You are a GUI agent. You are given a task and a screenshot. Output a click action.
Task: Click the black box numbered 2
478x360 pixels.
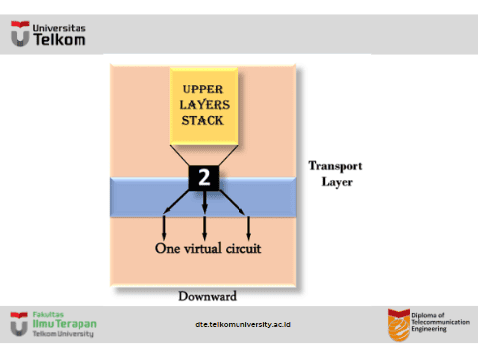[x=204, y=178]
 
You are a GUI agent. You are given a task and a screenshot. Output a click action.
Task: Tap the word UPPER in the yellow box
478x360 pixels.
[x=203, y=90]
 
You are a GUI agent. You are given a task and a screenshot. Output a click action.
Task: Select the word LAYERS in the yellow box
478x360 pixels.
[x=204, y=105]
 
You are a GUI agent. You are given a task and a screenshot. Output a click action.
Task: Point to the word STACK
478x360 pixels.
[x=202, y=120]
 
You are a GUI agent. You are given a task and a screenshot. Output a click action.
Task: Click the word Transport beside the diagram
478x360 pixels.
[x=335, y=166]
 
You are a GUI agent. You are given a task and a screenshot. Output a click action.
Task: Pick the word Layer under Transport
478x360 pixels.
[x=337, y=182]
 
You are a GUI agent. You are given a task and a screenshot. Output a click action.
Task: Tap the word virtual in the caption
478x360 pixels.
[x=203, y=248]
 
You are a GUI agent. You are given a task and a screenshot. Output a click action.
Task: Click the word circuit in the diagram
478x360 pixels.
[x=243, y=248]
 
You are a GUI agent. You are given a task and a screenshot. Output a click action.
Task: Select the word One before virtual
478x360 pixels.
[x=168, y=249]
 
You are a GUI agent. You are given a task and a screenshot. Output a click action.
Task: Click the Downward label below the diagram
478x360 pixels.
[x=208, y=296]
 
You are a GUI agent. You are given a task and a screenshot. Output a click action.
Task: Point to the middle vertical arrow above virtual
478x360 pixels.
[x=205, y=228]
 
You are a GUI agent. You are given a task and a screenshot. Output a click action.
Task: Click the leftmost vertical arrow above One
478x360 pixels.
[x=164, y=228]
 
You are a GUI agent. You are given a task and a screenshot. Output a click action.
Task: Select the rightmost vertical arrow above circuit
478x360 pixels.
[x=248, y=228]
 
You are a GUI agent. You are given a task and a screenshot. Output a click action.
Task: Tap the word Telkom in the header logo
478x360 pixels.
[x=60, y=40]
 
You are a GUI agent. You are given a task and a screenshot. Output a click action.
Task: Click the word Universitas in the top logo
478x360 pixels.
[x=60, y=28]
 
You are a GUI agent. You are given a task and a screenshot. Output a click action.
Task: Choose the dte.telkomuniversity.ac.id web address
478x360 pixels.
[x=242, y=324]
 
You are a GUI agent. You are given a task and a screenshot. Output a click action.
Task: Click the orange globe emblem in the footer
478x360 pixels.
[x=398, y=325]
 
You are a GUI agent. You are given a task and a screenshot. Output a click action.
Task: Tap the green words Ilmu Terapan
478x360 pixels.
[x=65, y=324]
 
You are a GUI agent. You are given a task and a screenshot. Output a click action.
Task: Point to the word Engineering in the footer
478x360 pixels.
[x=429, y=329]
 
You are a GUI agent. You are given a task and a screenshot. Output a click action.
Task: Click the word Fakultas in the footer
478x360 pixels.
[x=48, y=315]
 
